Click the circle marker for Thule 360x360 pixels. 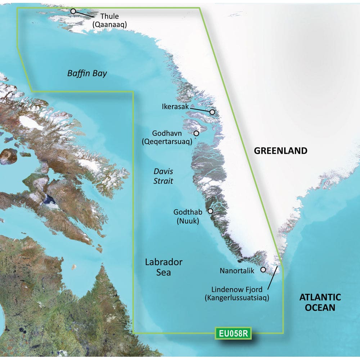click(x=73, y=11)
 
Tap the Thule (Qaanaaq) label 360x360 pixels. click(x=114, y=20)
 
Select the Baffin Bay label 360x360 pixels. click(x=87, y=74)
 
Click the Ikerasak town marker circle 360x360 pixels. click(x=212, y=112)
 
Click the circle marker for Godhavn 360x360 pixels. click(x=196, y=133)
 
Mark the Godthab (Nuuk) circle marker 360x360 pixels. click(x=210, y=211)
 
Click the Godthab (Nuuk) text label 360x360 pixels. click(x=188, y=217)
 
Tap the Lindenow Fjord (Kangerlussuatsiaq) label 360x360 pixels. click(x=237, y=293)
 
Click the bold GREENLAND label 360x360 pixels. click(x=281, y=150)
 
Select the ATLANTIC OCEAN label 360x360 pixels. click(x=320, y=302)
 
